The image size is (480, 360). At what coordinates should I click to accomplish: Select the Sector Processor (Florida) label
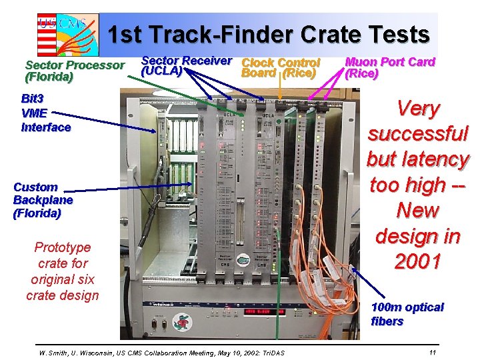[x=74, y=71]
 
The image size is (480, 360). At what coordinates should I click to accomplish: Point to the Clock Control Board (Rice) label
[x=280, y=67]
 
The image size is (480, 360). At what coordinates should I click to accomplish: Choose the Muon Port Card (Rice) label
[x=389, y=67]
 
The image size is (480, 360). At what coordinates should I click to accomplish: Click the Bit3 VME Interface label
[x=45, y=113]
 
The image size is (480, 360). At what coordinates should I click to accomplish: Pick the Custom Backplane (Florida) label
[x=43, y=200]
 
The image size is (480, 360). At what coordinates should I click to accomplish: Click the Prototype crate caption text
[x=62, y=271]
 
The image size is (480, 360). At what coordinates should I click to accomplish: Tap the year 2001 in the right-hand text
[x=417, y=262]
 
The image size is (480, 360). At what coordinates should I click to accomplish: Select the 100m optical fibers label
[x=407, y=314]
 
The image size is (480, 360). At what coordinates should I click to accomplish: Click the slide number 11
[x=433, y=351]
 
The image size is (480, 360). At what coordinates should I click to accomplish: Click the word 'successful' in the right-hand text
[x=418, y=133]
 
